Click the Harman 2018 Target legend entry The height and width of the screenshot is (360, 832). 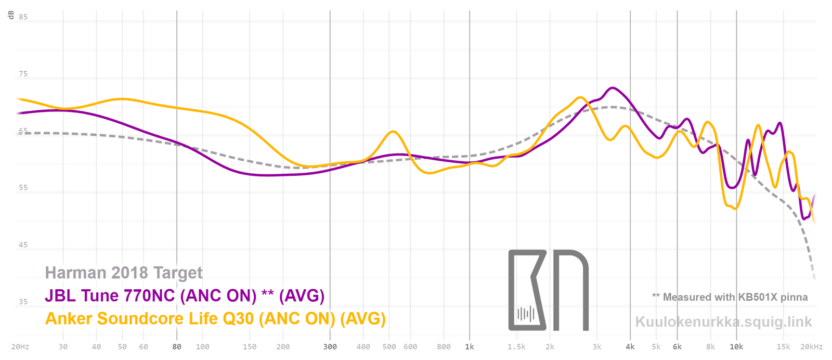[x=124, y=273]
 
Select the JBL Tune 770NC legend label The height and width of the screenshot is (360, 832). [x=185, y=295]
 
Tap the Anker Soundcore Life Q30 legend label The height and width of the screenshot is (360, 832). [x=215, y=318]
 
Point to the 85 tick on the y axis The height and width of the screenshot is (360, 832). [x=23, y=17]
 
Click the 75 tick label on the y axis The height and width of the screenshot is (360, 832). [x=23, y=74]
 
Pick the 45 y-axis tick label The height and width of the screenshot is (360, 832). [x=23, y=245]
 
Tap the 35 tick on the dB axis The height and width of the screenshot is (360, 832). [x=23, y=301]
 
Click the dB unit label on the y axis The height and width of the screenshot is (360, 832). [x=11, y=15]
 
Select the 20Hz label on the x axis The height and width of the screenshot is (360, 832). [x=20, y=346]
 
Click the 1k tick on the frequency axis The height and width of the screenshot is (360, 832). [x=470, y=346]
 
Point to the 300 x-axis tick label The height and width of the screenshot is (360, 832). [x=330, y=346]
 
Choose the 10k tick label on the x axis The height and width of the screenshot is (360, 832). [x=736, y=346]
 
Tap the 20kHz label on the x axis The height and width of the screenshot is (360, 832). [x=812, y=346]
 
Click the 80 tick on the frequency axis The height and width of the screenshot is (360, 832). [x=177, y=346]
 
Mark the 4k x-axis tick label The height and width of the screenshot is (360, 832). [x=630, y=346]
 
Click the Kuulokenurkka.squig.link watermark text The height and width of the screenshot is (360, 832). [x=723, y=322]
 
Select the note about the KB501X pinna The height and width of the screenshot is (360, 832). [x=730, y=297]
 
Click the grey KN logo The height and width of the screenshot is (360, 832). [x=548, y=290]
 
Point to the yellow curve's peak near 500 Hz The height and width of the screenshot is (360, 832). [x=393, y=132]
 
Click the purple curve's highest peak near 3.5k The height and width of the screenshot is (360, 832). [x=613, y=88]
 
